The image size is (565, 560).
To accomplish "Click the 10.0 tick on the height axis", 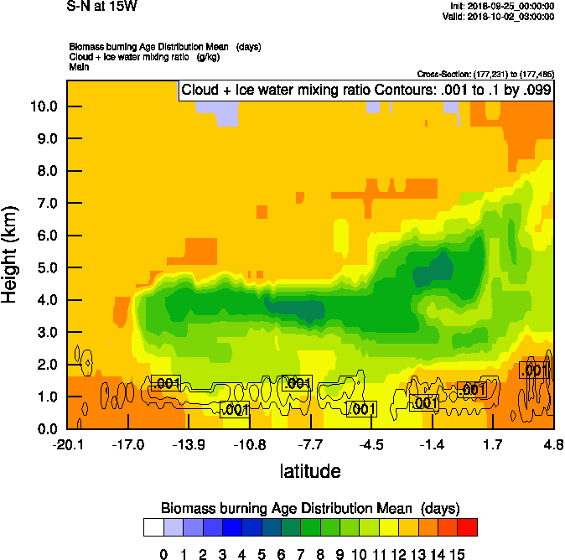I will pos(44,106).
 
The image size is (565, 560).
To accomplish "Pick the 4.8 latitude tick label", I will pos(553,445).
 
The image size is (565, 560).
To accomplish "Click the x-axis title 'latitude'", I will pos(310,471).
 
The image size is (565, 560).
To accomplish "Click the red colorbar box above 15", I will pos(467,526).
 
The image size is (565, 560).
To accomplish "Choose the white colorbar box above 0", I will pos(153,526).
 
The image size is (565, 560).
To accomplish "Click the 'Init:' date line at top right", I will pos(500,6).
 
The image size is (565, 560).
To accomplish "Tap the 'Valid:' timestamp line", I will pos(496,16).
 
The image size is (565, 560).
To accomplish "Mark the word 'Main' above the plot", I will pos(79,65).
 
